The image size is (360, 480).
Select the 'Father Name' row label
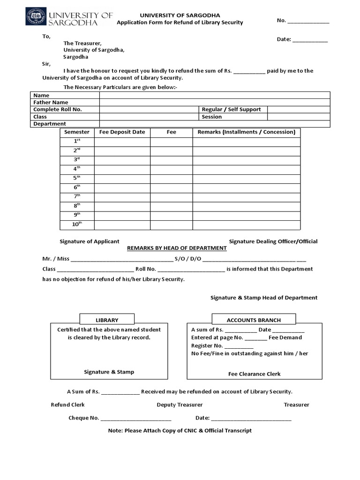point(51,102)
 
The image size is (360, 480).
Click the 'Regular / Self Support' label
point(231,109)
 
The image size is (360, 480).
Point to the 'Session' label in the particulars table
point(212,117)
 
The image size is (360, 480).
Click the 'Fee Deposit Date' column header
point(122,132)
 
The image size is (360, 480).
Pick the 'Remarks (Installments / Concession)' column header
point(246,132)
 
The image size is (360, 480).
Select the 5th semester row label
point(77,178)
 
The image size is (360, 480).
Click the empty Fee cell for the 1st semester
point(171,142)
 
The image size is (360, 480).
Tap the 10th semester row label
point(77,225)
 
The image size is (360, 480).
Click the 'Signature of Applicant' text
point(89,241)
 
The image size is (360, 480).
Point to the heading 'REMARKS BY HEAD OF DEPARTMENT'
point(177,248)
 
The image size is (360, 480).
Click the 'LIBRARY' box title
point(107,320)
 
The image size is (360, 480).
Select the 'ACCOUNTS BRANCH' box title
point(254,320)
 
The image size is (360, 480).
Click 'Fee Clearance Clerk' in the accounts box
point(254,374)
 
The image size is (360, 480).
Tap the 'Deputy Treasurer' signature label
point(180,405)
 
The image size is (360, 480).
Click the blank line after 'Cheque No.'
point(136,418)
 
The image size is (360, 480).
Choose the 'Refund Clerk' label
point(67,405)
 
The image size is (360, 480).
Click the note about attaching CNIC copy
point(180,430)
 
